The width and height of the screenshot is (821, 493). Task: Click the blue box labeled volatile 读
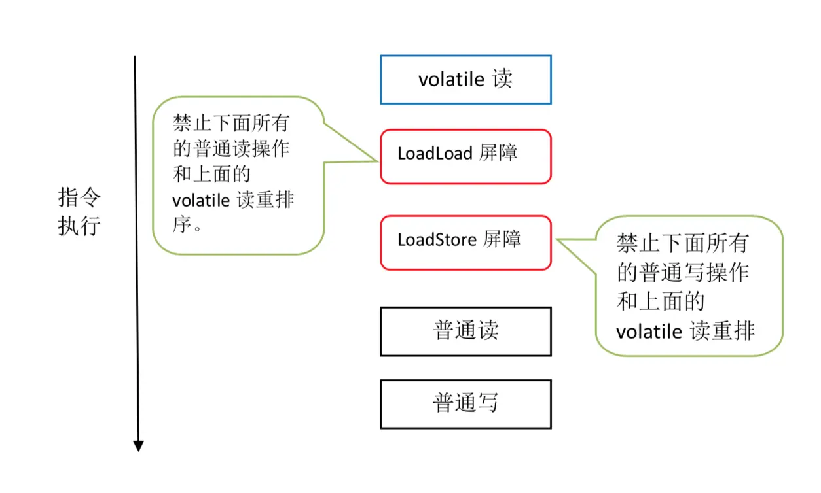tap(465, 80)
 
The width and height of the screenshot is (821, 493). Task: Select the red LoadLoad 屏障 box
tap(465, 156)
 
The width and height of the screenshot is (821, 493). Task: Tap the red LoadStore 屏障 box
tap(465, 243)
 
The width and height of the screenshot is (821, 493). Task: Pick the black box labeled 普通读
tap(465, 331)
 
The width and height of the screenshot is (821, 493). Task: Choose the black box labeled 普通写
tap(465, 404)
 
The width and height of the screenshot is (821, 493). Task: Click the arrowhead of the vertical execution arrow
tap(138, 446)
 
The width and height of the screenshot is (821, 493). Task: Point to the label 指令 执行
tap(79, 212)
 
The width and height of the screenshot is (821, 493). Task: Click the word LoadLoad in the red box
tap(435, 154)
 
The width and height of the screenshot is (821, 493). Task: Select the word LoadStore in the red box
tap(437, 240)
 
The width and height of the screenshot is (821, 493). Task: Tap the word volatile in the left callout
tap(201, 200)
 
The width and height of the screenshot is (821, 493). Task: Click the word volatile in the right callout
tap(648, 331)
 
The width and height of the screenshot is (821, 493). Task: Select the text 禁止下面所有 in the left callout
tap(231, 124)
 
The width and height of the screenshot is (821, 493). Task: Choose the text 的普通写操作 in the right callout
tap(682, 273)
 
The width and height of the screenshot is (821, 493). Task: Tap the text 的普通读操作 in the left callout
tap(231, 149)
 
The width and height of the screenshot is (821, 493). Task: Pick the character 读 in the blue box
tap(503, 79)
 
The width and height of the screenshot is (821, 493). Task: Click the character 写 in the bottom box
tap(488, 403)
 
